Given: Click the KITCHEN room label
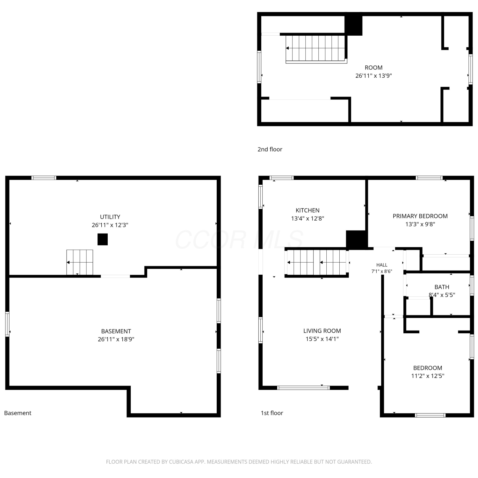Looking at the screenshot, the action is pos(308,210).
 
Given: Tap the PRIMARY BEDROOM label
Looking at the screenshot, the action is pos(420,216).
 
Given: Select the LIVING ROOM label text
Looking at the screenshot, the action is pos(322,331).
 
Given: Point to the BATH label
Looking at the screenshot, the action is pos(442,287).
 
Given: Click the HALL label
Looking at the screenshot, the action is pos(382,265).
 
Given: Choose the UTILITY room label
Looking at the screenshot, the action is pos(110,217).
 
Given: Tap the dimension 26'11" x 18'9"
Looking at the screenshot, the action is pos(116,339).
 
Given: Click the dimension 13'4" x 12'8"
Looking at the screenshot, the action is pos(308,219).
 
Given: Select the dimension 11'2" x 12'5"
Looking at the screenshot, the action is pos(428,376).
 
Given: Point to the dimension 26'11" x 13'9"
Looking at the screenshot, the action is pos(373,76).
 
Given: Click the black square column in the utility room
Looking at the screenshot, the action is pos(103,239).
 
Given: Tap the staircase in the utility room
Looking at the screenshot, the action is pos(80,262).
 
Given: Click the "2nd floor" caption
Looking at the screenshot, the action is pos(270,149).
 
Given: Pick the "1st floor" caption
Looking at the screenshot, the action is pos(272,413).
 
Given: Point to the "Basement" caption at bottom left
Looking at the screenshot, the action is pos(18,413).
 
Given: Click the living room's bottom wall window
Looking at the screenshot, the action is pos(303,388).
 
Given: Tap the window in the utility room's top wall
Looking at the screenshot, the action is pos(44,178).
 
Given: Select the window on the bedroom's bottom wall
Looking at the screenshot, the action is pos(430,415).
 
